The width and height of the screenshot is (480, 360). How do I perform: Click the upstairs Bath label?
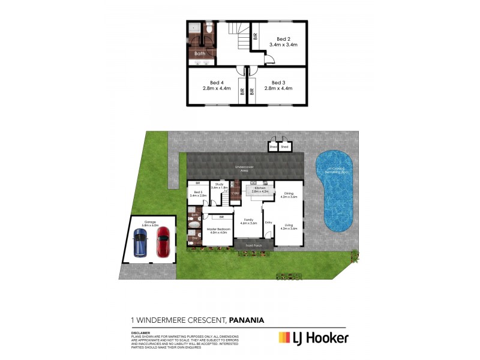click(199, 53)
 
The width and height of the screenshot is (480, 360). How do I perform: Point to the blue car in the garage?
click(140, 242)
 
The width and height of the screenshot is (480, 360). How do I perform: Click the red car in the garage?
click(163, 241)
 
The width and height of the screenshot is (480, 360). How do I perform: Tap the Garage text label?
click(150, 221)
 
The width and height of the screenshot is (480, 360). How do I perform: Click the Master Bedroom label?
click(220, 230)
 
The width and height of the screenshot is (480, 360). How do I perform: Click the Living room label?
click(289, 227)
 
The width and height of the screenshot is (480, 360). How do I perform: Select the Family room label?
click(248, 221)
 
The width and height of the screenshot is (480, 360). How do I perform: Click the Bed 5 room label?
click(198, 194)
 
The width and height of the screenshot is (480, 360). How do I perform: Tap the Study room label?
click(220, 185)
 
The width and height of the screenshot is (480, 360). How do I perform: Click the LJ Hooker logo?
click(313, 338)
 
